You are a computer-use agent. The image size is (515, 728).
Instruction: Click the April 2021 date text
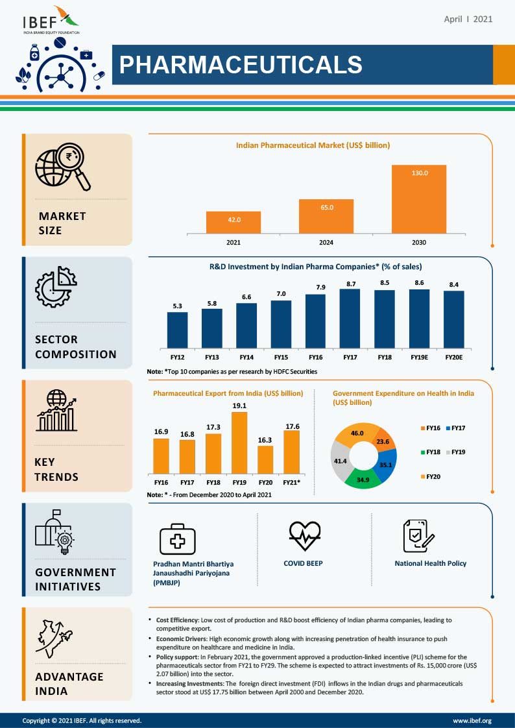(x=468, y=19)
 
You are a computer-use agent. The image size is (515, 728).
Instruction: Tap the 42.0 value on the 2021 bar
(x=234, y=220)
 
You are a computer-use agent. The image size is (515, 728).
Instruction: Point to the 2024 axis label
(x=326, y=243)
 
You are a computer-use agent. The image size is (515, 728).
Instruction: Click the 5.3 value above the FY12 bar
(x=177, y=306)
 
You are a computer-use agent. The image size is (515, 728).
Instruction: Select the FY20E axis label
(x=453, y=357)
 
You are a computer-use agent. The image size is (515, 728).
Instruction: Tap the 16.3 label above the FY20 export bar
(x=265, y=439)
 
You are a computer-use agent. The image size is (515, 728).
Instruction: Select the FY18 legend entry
(x=431, y=452)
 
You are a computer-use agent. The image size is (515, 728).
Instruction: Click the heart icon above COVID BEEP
(x=304, y=535)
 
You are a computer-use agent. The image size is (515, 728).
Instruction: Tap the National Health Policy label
(x=430, y=563)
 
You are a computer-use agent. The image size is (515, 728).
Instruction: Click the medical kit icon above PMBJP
(x=177, y=539)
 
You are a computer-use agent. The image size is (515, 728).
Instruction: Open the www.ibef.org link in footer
(x=472, y=720)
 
